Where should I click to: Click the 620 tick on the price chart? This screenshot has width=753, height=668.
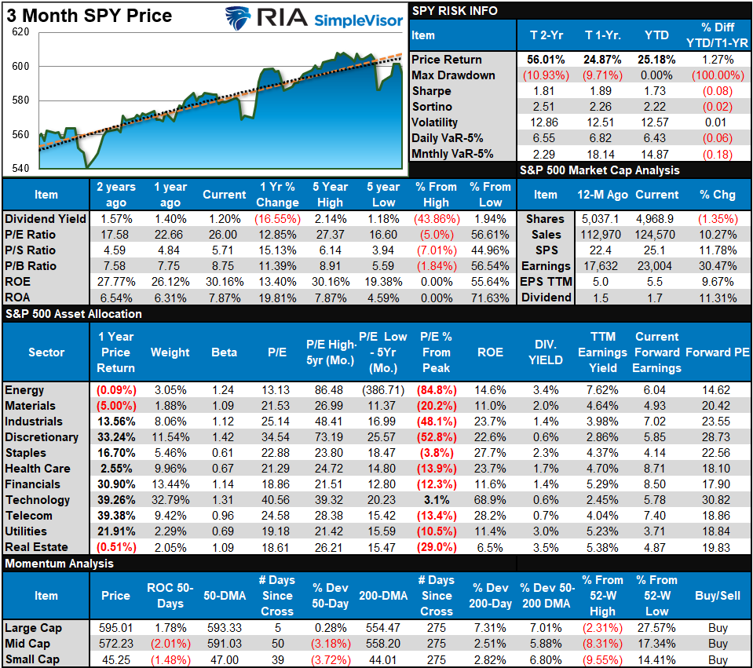point(20,32)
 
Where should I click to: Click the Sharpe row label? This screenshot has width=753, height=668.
point(431,91)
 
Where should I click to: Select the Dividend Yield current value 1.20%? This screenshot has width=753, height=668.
point(225,219)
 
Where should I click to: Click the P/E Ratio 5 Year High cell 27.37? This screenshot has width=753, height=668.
point(330,235)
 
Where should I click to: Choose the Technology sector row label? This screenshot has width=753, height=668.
point(37,500)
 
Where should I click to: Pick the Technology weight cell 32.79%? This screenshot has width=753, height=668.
point(170,500)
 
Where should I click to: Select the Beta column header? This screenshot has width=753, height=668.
point(224,352)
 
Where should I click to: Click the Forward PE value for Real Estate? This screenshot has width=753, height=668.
point(716,547)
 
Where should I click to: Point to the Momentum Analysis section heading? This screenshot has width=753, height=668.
point(58,564)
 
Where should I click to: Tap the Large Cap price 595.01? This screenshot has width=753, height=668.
point(115,628)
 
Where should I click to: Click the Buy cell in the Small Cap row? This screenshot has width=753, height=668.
point(717,659)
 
